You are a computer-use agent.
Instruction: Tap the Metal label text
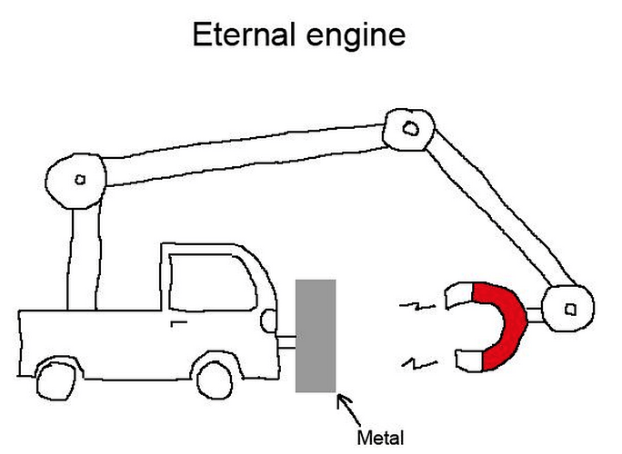pos(380,437)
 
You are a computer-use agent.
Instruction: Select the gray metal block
pos(316,336)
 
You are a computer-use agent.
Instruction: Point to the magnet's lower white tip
pos(468,361)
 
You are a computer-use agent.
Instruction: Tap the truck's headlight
pos(268,320)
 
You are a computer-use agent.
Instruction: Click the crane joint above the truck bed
pos(78,179)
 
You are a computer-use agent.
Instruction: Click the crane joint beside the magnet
pos(568,309)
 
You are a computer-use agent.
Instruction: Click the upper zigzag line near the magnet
pos(414,308)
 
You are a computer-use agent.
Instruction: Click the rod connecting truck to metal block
pos(286,342)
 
